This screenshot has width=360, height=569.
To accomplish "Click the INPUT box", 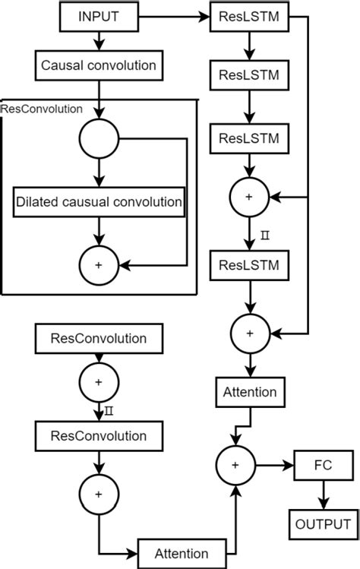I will coord(98,15).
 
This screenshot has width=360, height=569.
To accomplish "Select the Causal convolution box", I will coord(98,65).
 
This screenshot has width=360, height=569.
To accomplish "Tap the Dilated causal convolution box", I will coord(99,202).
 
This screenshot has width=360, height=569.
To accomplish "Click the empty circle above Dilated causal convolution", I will coord(99,139).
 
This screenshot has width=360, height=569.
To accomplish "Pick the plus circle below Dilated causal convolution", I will coord(99,264).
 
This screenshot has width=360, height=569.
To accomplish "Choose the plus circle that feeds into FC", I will coord(236,463).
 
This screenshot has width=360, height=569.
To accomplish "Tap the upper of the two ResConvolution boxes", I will coord(98,337).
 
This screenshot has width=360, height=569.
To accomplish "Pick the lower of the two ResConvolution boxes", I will coord(98,436).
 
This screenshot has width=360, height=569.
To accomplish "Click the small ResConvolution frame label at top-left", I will coord(42,109).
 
